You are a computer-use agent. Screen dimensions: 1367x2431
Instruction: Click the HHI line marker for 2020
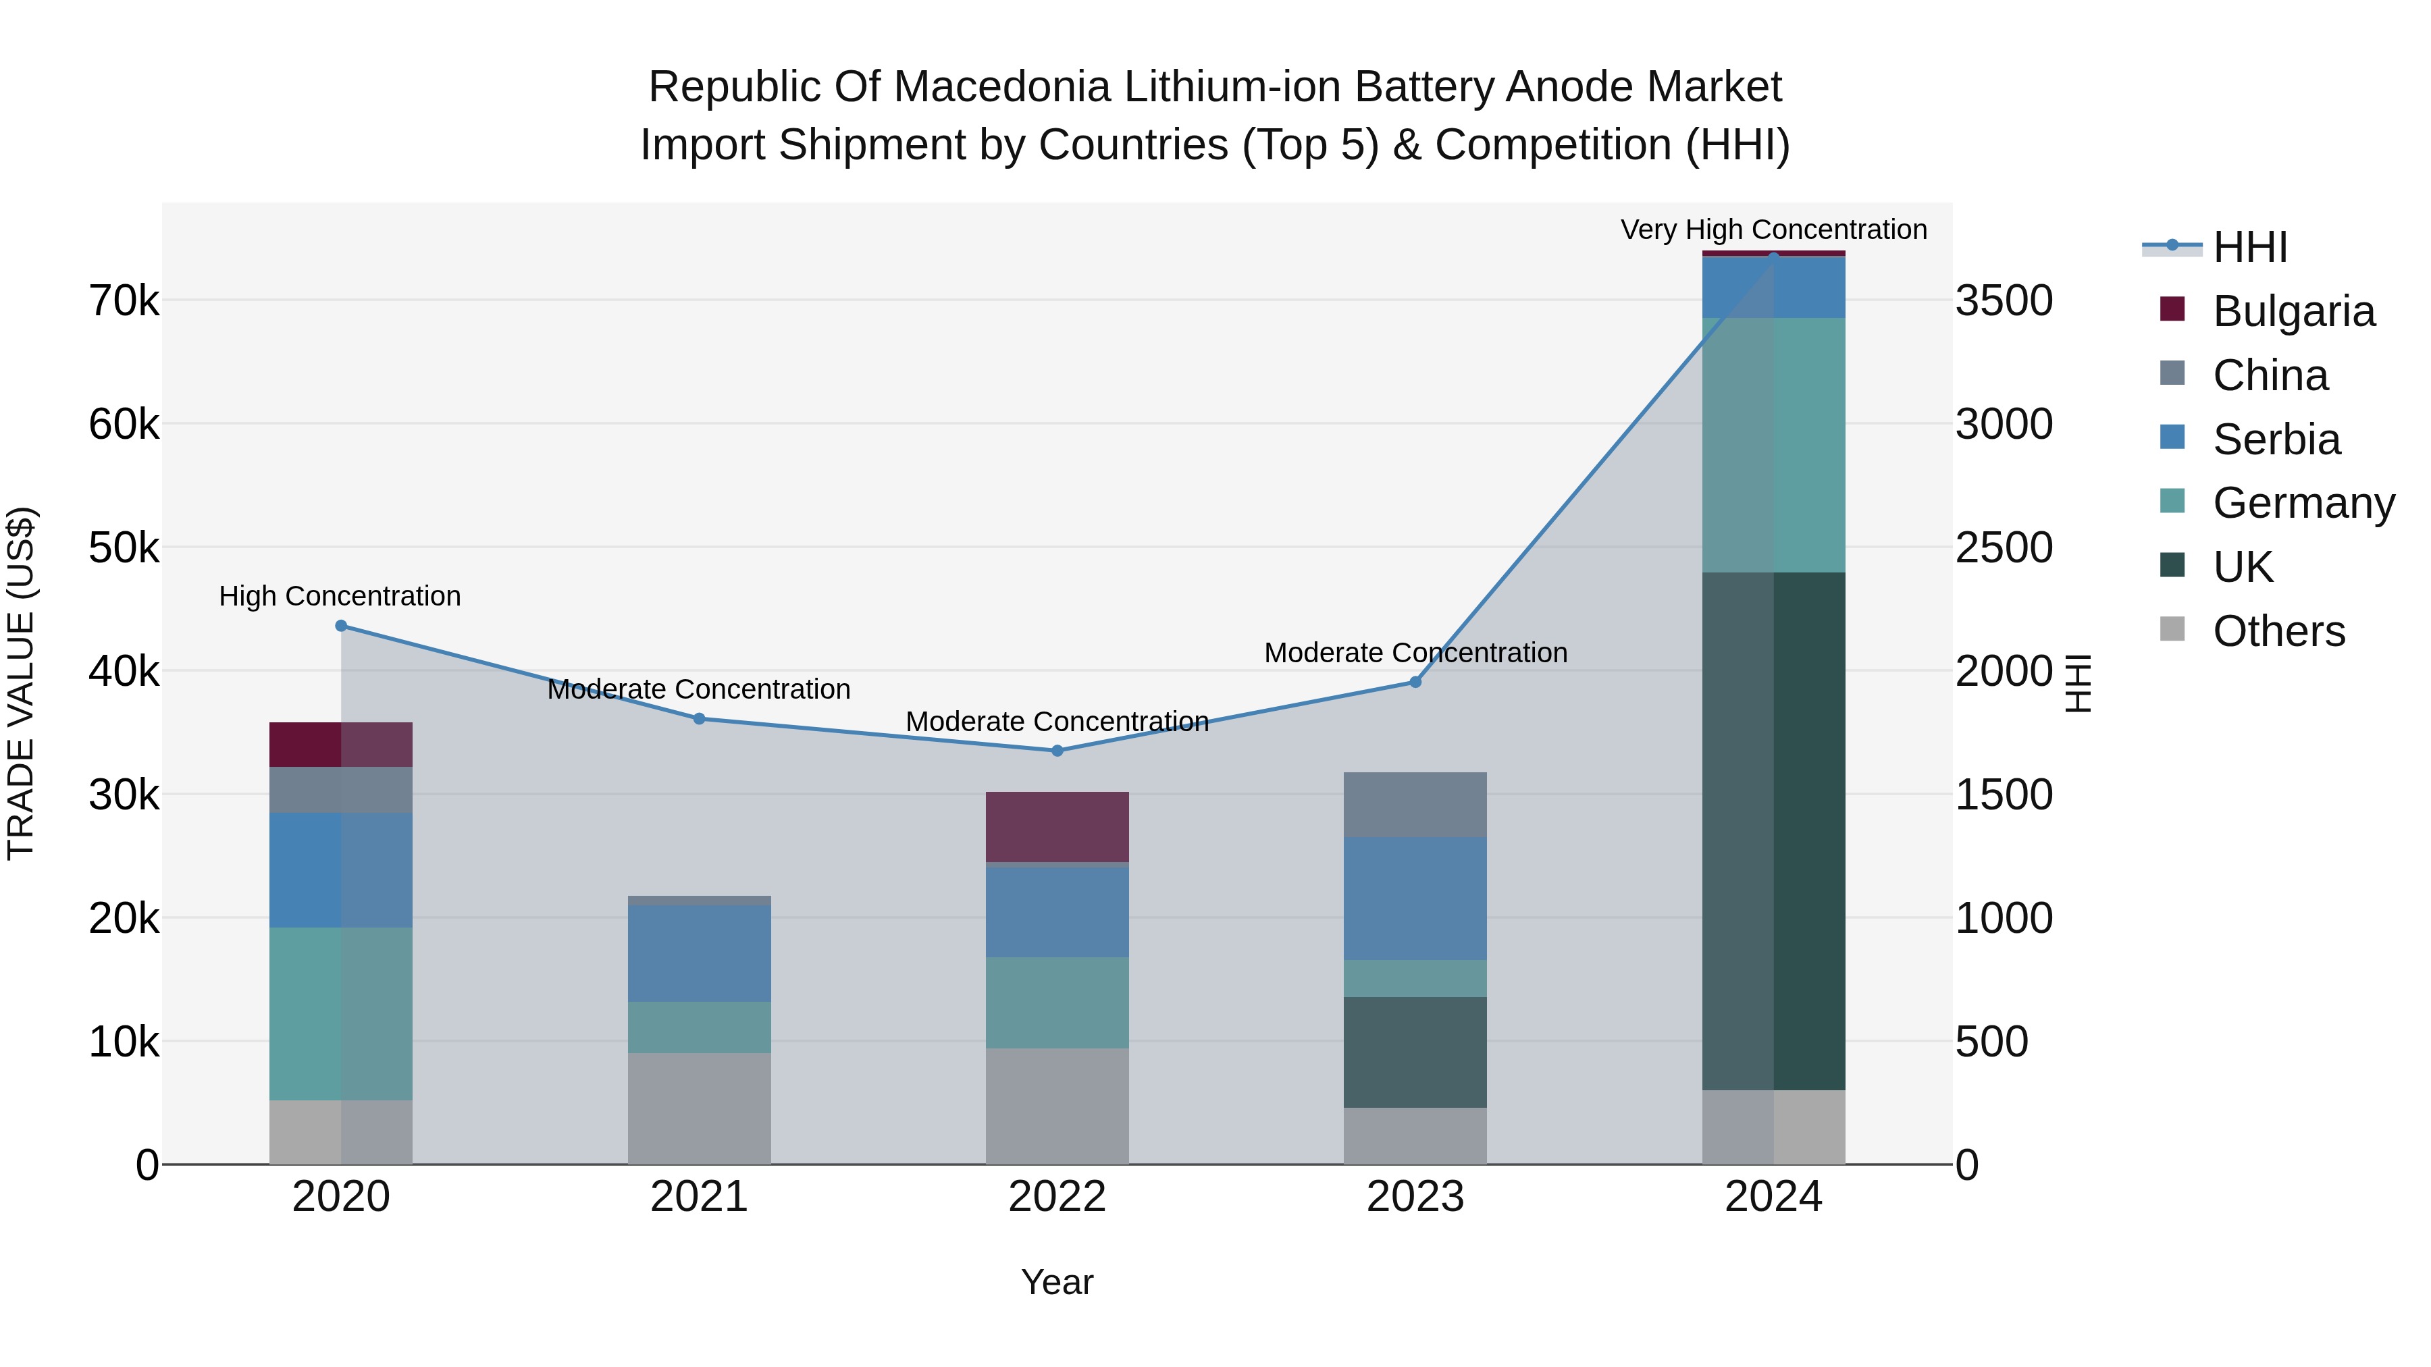(342, 626)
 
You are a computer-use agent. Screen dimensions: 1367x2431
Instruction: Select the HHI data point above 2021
(700, 719)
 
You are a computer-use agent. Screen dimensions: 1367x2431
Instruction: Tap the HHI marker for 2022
(1057, 751)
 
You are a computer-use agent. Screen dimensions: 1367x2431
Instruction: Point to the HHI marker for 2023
(1415, 682)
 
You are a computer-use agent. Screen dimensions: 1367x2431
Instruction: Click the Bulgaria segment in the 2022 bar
(1057, 826)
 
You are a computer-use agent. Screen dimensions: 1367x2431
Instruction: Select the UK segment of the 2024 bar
(1773, 830)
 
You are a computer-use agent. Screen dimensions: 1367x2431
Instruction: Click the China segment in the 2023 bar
(1415, 805)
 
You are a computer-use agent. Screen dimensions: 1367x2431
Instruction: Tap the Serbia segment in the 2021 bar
(700, 953)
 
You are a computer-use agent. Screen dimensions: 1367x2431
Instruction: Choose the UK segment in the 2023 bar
(1415, 1052)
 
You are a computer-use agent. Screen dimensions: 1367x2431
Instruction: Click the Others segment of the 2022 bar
(1057, 1106)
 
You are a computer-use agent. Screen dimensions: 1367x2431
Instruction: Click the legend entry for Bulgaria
(2293, 311)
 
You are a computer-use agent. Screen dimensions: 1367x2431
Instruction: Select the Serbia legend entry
(2276, 439)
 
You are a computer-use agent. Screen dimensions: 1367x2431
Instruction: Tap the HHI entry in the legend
(2250, 247)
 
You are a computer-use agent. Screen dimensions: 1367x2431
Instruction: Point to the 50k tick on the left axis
(124, 547)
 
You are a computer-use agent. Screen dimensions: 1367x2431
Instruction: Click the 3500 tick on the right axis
(2004, 301)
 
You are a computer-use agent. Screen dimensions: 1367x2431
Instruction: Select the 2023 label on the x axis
(1415, 1197)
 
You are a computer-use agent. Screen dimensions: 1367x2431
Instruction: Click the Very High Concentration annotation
(1773, 230)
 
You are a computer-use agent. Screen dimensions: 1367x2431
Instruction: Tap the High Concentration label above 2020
(340, 596)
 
